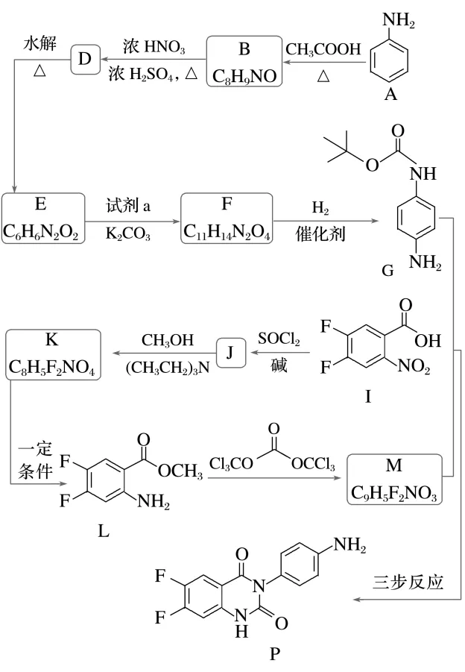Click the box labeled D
(x=84, y=59)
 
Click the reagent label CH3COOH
(x=323, y=50)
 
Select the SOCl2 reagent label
(x=279, y=340)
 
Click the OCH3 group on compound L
(x=178, y=471)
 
